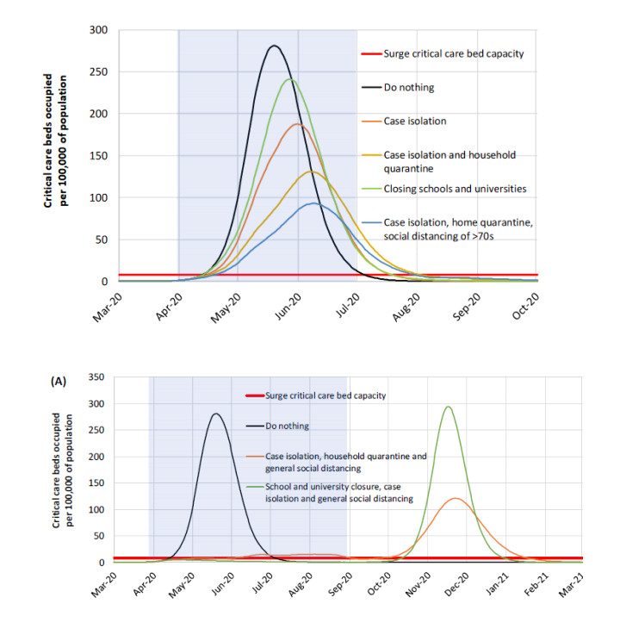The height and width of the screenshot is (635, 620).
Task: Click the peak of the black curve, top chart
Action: tap(274, 46)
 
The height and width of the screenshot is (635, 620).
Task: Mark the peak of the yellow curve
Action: tap(312, 171)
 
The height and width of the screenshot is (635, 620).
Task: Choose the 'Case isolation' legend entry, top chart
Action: tap(415, 121)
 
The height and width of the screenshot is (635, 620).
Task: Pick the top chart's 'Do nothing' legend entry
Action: tap(409, 88)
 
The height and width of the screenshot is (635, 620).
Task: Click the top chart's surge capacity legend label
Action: tap(454, 54)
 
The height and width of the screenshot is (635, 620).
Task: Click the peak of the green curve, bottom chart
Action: tap(448, 407)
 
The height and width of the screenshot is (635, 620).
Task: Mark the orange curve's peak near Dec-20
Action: tap(455, 498)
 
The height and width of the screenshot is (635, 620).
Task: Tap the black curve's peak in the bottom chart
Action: tap(215, 414)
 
